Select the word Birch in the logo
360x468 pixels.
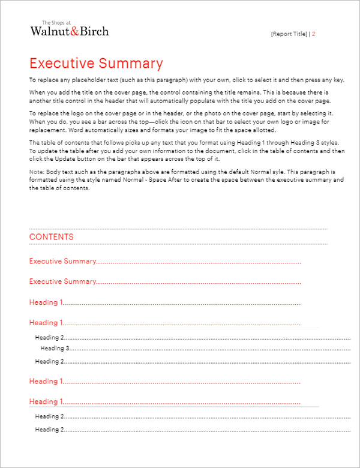pyautogui.click(x=94, y=31)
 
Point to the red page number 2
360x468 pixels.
pyautogui.click(x=314, y=34)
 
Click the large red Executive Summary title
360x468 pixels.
pyautogui.click(x=96, y=64)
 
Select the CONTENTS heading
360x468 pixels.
pyautogui.click(x=52, y=236)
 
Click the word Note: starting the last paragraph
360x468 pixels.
pyautogui.click(x=36, y=172)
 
